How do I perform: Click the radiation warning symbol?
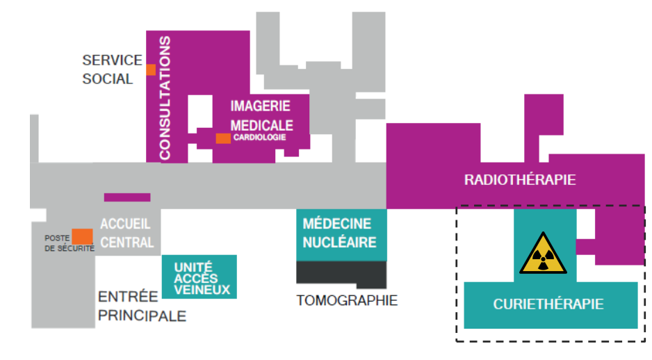pyautogui.click(x=544, y=254)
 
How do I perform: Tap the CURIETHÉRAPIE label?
pyautogui.click(x=548, y=304)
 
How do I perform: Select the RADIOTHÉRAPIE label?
pyautogui.click(x=520, y=180)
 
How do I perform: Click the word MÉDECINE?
pyautogui.click(x=337, y=224)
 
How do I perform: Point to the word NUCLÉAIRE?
pyautogui.click(x=339, y=243)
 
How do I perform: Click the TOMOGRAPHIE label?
pyautogui.click(x=347, y=301)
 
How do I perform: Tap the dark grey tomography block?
pyautogui.click(x=341, y=273)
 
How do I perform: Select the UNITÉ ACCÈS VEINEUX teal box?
pyautogui.click(x=199, y=277)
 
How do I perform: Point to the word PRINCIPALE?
pyautogui.click(x=142, y=316)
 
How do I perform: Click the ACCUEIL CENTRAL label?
pyautogui.click(x=127, y=233)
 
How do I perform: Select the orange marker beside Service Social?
pyautogui.click(x=150, y=69)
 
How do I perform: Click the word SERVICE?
pyautogui.click(x=112, y=60)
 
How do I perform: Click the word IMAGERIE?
pyautogui.click(x=260, y=106)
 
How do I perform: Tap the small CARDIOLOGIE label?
pyautogui.click(x=259, y=138)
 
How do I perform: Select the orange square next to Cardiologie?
pyautogui.click(x=223, y=138)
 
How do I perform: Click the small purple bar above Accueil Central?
pyautogui.click(x=127, y=197)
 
